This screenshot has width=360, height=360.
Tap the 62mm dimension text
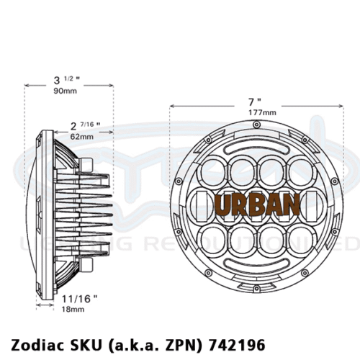[81, 136]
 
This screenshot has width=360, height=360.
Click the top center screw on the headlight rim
[256, 127]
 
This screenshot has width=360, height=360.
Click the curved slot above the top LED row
[256, 147]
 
